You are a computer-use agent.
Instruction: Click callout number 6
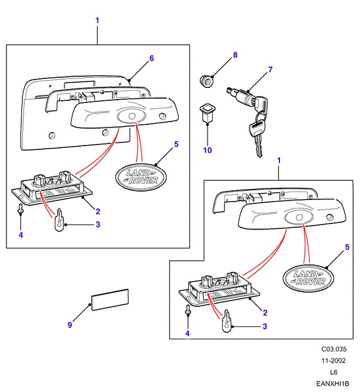pyautogui.click(x=151, y=58)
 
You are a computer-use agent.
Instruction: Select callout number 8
pyautogui.click(x=235, y=55)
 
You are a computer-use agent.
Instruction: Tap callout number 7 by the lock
pyautogui.click(x=270, y=70)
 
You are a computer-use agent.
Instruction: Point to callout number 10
pyautogui.click(x=208, y=150)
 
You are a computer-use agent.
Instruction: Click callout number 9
pyautogui.click(x=70, y=324)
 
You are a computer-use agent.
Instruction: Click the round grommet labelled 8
pyautogui.click(x=208, y=81)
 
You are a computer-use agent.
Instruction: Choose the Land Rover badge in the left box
pyautogui.click(x=140, y=177)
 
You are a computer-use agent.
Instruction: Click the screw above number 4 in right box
pyautogui.click(x=188, y=310)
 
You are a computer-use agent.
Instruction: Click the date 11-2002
pyautogui.click(x=333, y=361)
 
